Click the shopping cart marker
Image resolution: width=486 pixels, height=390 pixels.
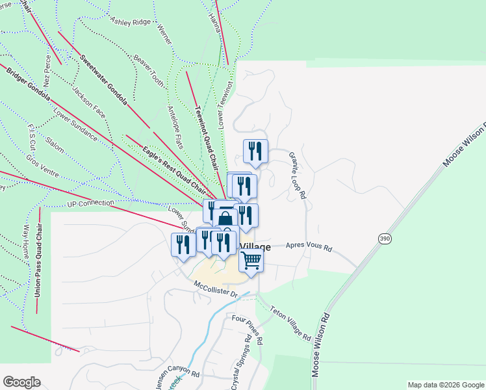[x=251, y=261]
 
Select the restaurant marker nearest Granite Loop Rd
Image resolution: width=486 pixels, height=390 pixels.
[x=255, y=151]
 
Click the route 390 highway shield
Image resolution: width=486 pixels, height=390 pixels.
[x=385, y=239]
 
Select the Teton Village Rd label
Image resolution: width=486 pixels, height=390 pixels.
[x=290, y=324]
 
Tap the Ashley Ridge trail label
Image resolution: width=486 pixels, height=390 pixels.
[x=131, y=22]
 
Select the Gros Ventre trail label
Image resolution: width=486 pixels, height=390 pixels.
[x=42, y=166]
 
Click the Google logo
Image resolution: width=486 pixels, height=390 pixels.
[x=21, y=382]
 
